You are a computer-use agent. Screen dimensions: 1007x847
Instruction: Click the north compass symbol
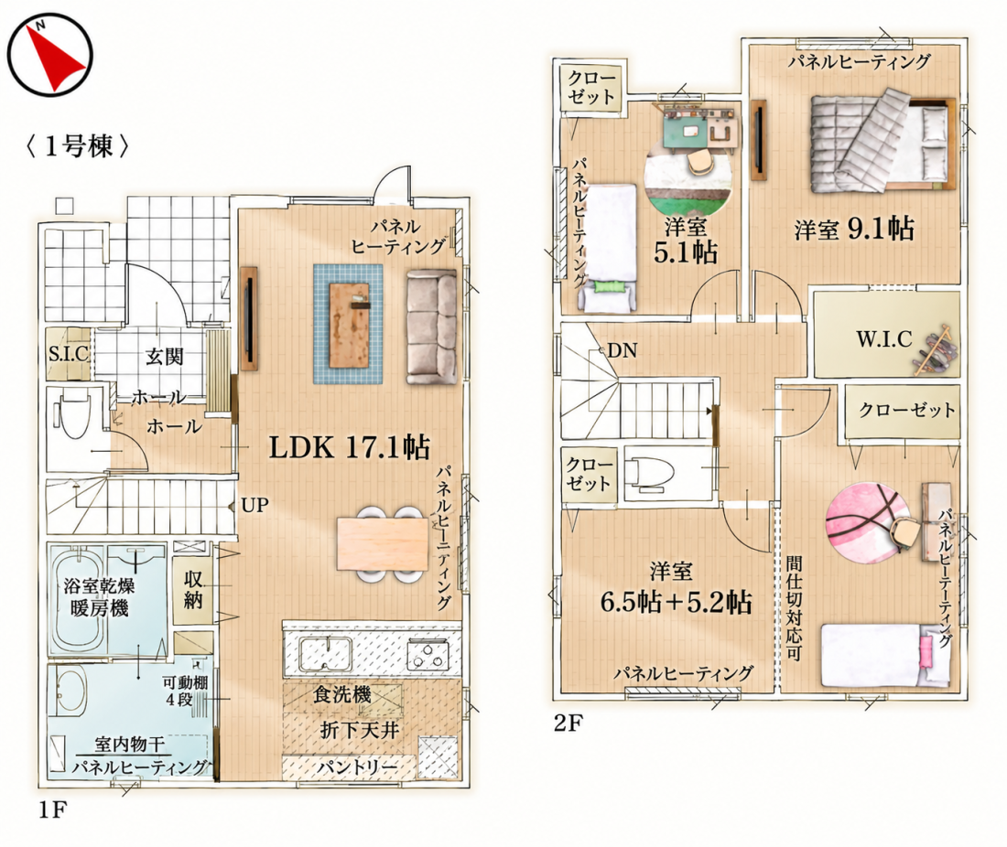pyautogui.click(x=50, y=55)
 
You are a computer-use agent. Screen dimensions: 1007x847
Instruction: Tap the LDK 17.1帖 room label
pyautogui.click(x=349, y=447)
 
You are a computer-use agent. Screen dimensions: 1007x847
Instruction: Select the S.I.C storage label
pyautogui.click(x=68, y=353)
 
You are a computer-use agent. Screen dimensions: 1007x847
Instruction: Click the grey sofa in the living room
pyautogui.click(x=431, y=327)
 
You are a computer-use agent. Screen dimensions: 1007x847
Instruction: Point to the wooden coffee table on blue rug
pyautogui.click(x=349, y=324)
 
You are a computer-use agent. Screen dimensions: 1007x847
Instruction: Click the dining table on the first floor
pyautogui.click(x=383, y=543)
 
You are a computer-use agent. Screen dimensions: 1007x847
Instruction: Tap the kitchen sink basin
pyautogui.click(x=325, y=654)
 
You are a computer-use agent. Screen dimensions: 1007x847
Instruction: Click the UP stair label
pyautogui.click(x=255, y=505)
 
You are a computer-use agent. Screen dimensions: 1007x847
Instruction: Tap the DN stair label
pyautogui.click(x=622, y=350)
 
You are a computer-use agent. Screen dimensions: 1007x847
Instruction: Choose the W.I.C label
pyautogui.click(x=883, y=338)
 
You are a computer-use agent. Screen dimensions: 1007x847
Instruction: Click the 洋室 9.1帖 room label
pyautogui.click(x=854, y=229)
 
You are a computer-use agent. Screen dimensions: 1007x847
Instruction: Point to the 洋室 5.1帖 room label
pyautogui.click(x=686, y=240)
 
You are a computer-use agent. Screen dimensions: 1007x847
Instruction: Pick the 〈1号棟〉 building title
pyautogui.click(x=78, y=146)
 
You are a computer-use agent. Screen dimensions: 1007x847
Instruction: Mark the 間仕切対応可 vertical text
pyautogui.click(x=794, y=608)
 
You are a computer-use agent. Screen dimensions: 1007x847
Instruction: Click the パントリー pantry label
pyautogui.click(x=358, y=767)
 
